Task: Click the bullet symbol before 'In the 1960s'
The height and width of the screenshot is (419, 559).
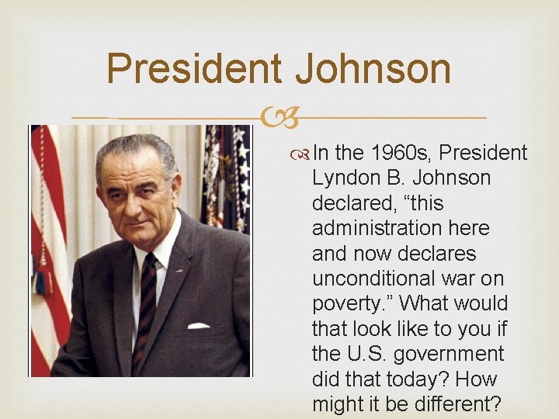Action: click(x=303, y=154)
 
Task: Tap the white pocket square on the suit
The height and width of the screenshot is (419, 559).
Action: click(x=198, y=325)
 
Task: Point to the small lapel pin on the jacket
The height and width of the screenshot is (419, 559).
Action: click(x=181, y=271)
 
